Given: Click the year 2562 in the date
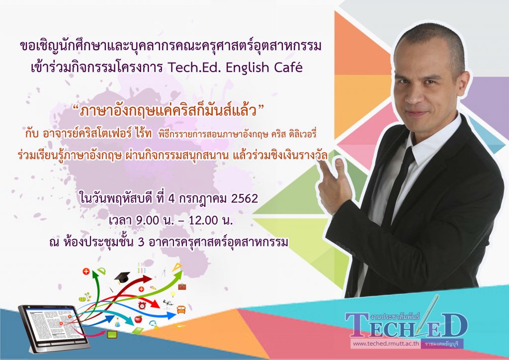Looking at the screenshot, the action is tap(245, 199).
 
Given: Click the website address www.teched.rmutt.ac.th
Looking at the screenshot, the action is tap(386, 344).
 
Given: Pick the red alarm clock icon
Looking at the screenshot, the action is tap(142, 305).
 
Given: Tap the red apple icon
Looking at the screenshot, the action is tap(138, 319).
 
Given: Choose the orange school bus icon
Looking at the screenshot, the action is tap(181, 309).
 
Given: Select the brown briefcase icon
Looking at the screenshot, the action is tap(182, 286).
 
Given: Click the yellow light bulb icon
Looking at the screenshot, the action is tap(173, 294).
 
